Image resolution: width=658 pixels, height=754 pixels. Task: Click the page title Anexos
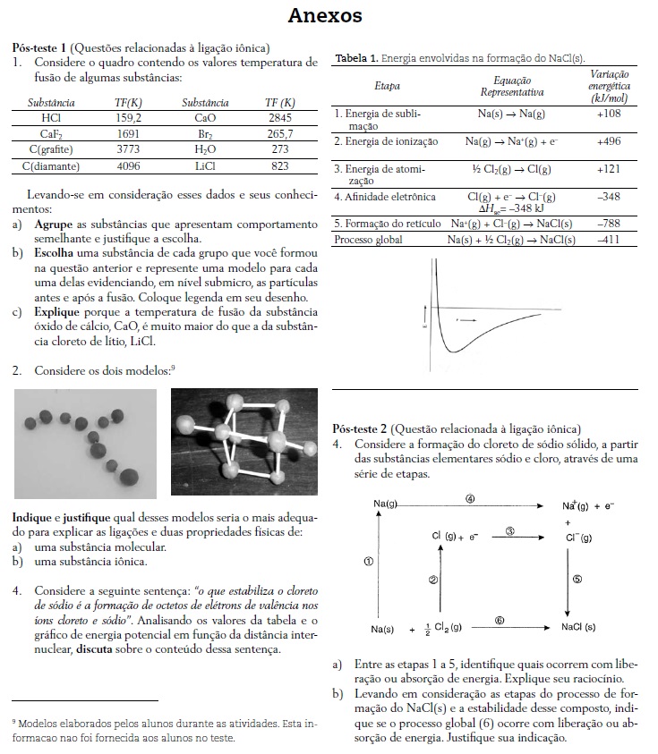click(x=325, y=15)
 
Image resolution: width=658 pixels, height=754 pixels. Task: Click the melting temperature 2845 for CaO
click(x=279, y=117)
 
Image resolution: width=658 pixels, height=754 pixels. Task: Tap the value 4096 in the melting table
click(x=128, y=165)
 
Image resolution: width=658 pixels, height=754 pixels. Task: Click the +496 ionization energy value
click(x=608, y=141)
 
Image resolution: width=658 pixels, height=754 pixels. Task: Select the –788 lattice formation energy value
click(x=608, y=223)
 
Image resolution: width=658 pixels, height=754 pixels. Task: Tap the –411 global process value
click(x=608, y=240)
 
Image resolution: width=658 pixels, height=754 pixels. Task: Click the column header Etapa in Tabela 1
click(x=388, y=86)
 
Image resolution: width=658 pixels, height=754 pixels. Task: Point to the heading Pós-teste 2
click(x=359, y=428)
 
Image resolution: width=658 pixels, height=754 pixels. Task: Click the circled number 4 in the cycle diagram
click(x=471, y=497)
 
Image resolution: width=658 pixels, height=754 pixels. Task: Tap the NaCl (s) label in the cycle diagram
click(x=578, y=628)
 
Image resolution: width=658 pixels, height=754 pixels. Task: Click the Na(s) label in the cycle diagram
click(x=382, y=629)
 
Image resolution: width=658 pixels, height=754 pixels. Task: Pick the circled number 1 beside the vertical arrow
click(x=369, y=561)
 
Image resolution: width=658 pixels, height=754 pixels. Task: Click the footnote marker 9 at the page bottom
click(x=14, y=720)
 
